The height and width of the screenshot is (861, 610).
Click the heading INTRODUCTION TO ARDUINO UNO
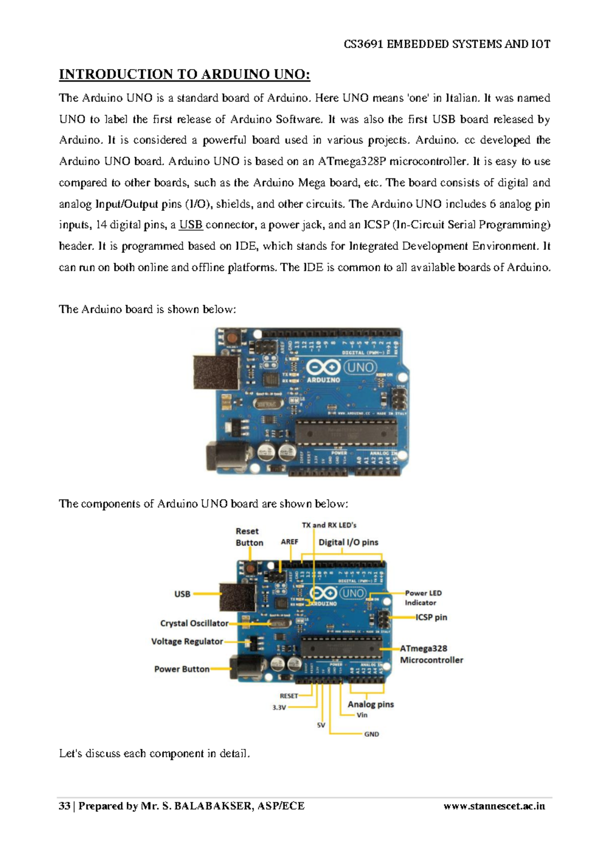[185, 75]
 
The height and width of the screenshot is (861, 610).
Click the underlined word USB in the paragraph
[191, 224]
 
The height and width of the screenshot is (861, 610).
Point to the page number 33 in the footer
[65, 806]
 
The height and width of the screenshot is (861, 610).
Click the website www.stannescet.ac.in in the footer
[494, 806]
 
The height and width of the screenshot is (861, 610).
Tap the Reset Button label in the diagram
[249, 537]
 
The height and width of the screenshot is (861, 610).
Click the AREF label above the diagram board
[289, 542]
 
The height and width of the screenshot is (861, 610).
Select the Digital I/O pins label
[348, 542]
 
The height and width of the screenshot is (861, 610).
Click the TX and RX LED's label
[329, 525]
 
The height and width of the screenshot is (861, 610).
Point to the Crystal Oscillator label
[194, 623]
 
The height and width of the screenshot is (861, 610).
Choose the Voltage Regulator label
[187, 641]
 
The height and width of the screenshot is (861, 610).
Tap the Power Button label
[182, 669]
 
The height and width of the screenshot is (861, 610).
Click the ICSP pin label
[432, 617]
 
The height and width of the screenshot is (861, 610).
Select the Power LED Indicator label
[423, 598]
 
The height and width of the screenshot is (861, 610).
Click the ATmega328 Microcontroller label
[431, 654]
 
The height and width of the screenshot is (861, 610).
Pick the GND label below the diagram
[372, 734]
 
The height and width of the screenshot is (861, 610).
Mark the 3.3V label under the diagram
[279, 707]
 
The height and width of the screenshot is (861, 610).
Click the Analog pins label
[371, 704]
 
